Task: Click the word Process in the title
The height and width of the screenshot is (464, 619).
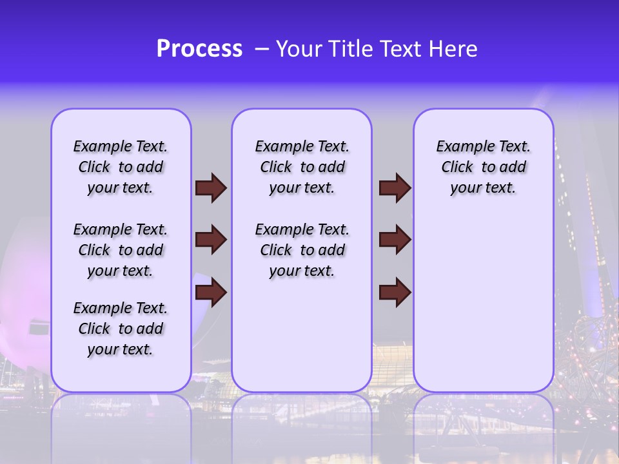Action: tap(199, 49)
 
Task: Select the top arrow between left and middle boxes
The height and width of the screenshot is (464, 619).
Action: tap(211, 188)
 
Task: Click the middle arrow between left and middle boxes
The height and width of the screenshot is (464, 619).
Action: tap(211, 240)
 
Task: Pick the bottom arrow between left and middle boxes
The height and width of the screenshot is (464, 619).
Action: tap(211, 292)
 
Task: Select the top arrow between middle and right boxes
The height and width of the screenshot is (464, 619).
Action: tap(395, 188)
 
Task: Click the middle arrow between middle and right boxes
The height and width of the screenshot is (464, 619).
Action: tap(395, 240)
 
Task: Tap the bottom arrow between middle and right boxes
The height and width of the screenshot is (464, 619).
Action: tap(395, 292)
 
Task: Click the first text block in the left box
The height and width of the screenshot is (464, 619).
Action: tap(121, 167)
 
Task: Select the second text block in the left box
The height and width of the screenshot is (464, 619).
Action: tap(121, 250)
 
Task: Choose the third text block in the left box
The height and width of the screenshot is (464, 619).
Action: tap(121, 329)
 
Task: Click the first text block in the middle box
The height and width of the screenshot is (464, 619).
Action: tap(302, 167)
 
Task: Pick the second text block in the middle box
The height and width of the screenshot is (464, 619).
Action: tap(302, 250)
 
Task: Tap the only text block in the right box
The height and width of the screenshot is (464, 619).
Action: tap(483, 167)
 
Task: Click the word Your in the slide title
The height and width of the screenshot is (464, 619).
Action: tap(299, 49)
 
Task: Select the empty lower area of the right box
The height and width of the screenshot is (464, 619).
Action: tap(483, 303)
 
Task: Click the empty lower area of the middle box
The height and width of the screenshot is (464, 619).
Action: tap(302, 335)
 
